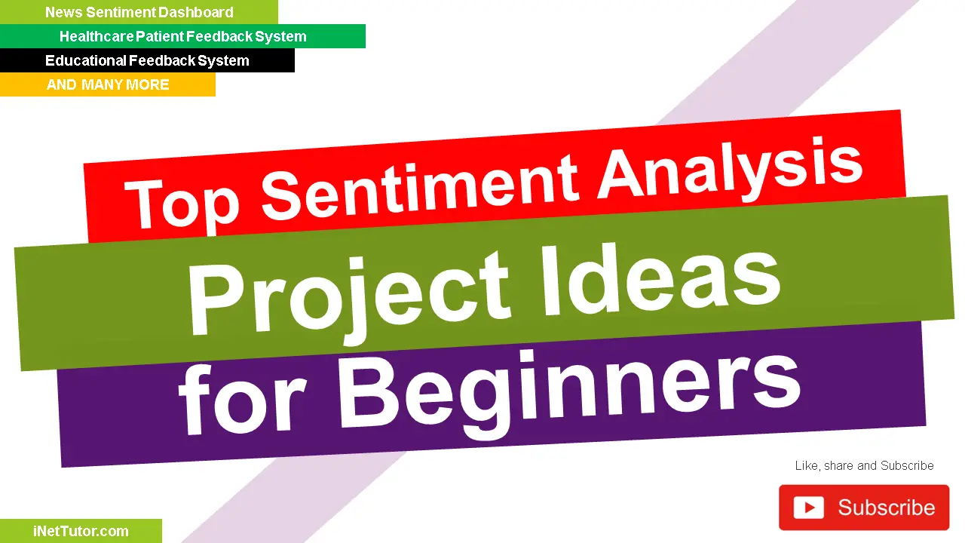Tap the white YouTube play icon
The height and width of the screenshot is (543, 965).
tap(809, 508)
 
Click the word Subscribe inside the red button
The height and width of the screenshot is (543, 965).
tap(886, 508)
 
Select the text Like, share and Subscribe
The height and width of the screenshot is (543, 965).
tap(864, 465)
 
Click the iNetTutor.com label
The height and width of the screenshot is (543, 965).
tap(81, 531)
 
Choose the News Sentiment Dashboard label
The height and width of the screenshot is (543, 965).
tap(139, 12)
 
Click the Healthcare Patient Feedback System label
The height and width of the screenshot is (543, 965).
tap(182, 36)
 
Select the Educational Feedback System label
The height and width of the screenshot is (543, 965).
tap(147, 60)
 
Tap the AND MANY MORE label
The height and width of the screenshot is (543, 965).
tap(108, 84)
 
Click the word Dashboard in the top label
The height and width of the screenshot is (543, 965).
tap(196, 12)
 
